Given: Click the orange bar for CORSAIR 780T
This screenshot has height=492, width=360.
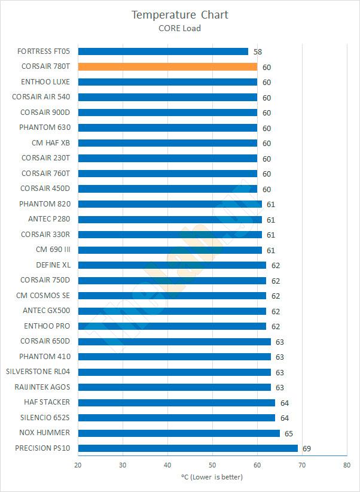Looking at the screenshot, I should tap(167, 67).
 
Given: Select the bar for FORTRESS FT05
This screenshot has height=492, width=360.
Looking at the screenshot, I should tap(163, 51).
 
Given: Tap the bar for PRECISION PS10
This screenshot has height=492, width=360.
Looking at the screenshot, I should tap(188, 448).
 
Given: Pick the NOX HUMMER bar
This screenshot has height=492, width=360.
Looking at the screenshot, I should tap(179, 433).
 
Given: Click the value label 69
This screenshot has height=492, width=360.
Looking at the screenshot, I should tap(306, 448).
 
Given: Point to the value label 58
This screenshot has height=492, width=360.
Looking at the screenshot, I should tap(258, 52).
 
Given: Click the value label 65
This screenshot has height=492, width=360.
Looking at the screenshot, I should tap(288, 433).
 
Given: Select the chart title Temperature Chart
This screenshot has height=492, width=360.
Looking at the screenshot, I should tap(180, 14).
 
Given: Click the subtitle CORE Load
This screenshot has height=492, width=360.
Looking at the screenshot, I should tap(180, 28).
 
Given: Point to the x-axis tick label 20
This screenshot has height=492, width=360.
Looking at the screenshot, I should tap(78, 465).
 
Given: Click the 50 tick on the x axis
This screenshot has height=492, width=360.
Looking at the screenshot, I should tap(212, 465).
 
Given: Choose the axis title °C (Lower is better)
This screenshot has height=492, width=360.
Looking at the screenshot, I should tap(212, 477).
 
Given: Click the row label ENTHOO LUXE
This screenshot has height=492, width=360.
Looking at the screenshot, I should tap(45, 82).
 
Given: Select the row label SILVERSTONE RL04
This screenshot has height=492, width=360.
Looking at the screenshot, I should tap(38, 372).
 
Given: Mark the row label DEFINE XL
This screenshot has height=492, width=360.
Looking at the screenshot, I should tap(53, 265).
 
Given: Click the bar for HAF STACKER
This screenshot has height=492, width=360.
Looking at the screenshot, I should tap(176, 402).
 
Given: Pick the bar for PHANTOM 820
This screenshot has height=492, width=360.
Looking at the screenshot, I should tap(170, 204).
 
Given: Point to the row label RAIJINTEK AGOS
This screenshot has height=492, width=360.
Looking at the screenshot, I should tap(42, 387).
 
